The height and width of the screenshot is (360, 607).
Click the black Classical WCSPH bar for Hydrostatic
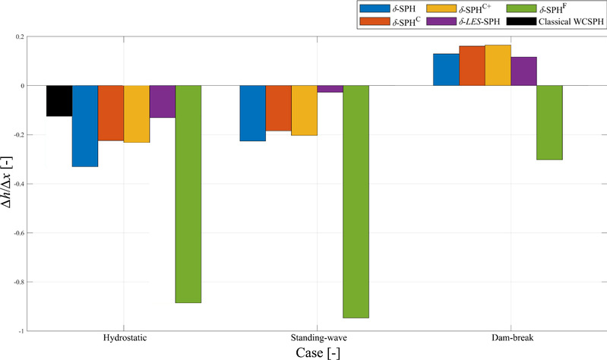[x=59, y=101]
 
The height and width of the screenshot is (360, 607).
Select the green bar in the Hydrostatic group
[x=188, y=194]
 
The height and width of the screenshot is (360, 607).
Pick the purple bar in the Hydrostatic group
[x=163, y=102]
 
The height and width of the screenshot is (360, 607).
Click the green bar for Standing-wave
[x=356, y=201]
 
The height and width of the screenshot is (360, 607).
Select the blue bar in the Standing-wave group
[x=252, y=113]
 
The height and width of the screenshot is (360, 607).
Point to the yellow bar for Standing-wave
[x=304, y=110]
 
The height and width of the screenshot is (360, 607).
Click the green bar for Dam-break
[x=523, y=122]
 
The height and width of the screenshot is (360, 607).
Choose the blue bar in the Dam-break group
[x=445, y=70]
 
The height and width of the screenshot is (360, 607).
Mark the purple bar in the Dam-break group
[x=523, y=71]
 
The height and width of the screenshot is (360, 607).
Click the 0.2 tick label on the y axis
[x=25, y=36]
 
